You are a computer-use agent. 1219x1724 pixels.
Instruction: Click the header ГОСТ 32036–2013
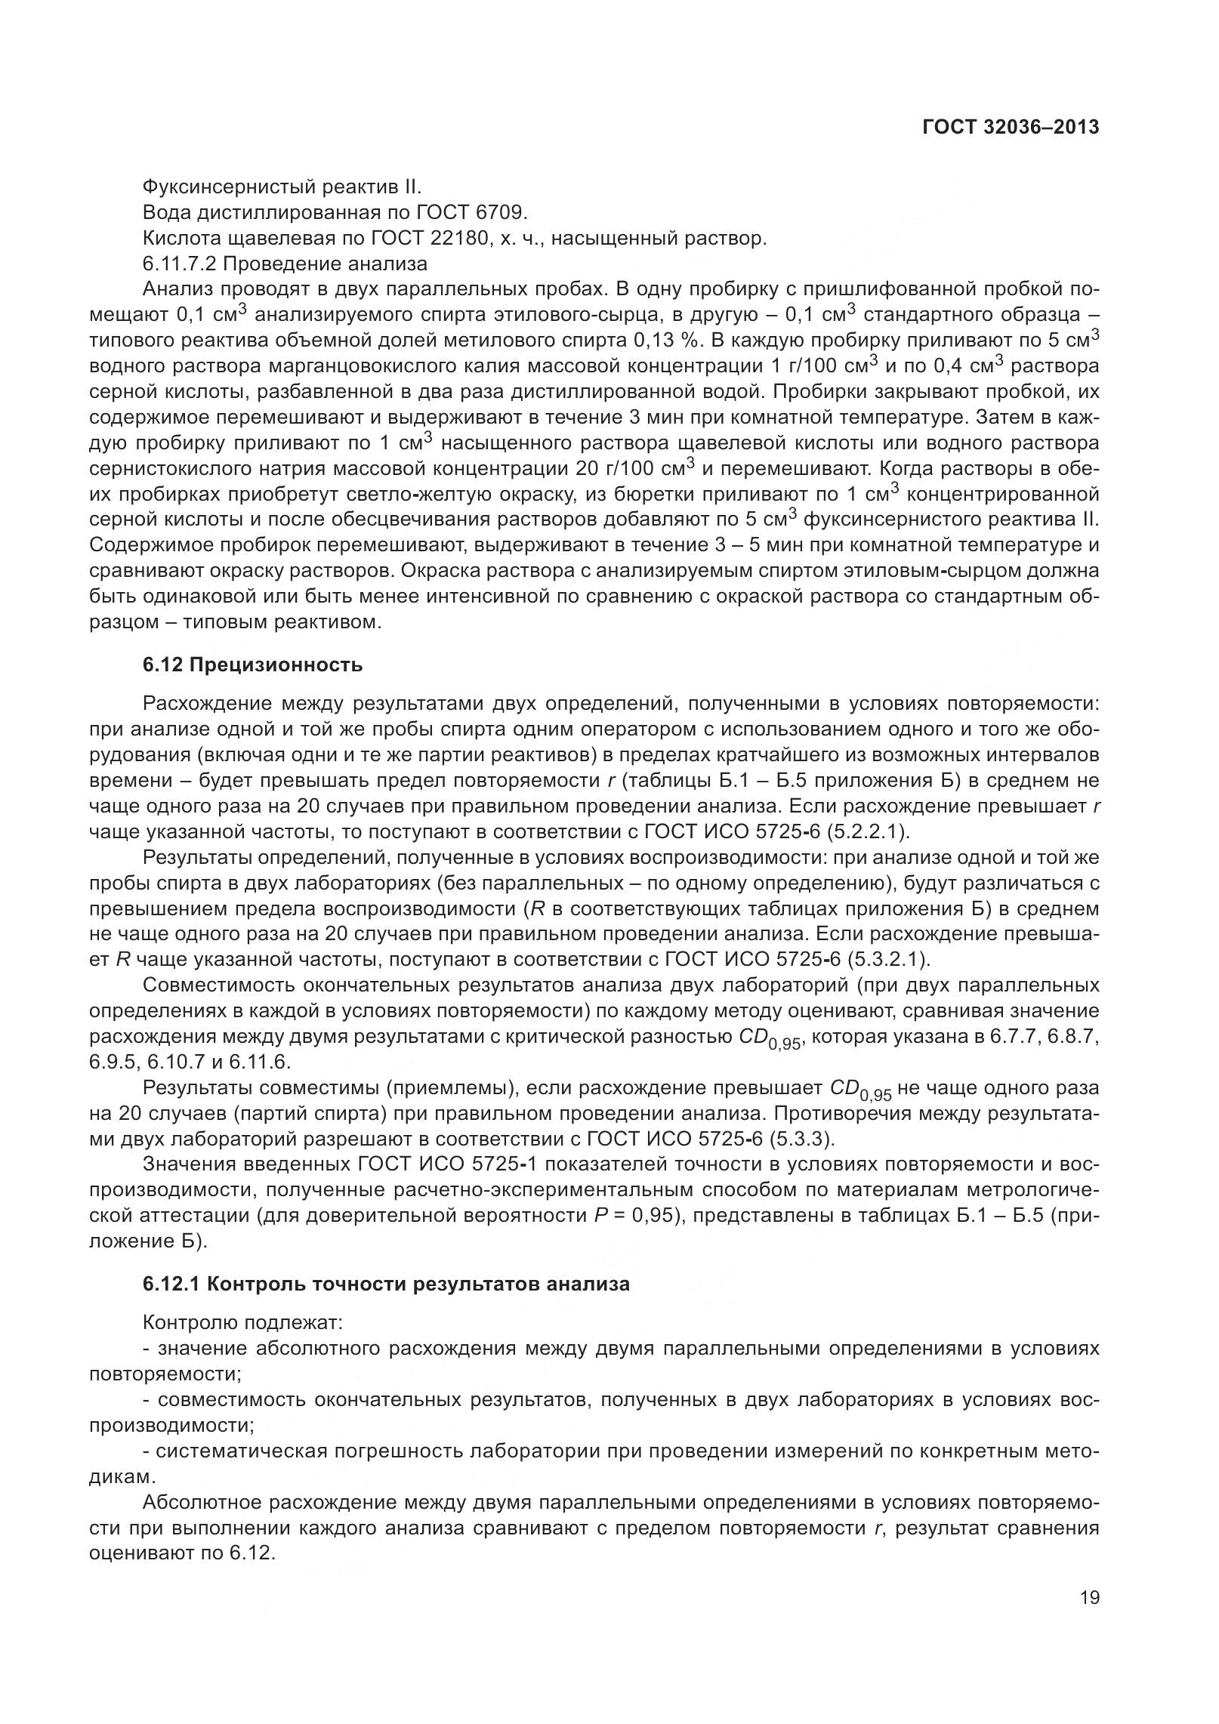pos(1010,128)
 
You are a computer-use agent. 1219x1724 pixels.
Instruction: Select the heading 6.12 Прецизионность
pos(252,665)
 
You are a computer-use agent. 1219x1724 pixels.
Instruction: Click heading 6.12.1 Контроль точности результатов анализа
pos(386,1284)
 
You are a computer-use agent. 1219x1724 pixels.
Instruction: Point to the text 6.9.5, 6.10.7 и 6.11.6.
pos(190,1062)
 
